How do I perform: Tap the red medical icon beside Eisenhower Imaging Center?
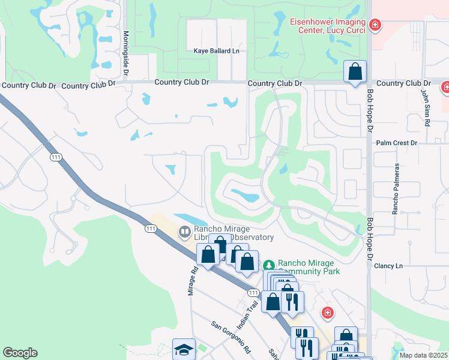(x=375, y=25)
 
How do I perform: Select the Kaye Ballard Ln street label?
(x=216, y=51)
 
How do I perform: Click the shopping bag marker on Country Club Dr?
(x=355, y=71)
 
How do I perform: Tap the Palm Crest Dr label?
(x=396, y=143)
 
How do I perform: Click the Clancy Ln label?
(x=387, y=265)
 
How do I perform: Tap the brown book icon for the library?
(x=185, y=231)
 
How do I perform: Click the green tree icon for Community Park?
(x=269, y=264)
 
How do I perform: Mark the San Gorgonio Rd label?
(x=231, y=337)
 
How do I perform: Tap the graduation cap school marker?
(x=184, y=349)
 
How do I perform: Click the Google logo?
(x=20, y=353)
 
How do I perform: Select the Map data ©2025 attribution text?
(x=423, y=355)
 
